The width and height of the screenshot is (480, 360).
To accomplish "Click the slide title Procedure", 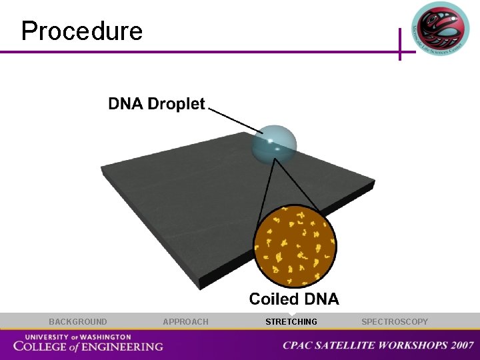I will coord(81,31).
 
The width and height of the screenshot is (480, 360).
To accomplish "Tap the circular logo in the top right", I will coord(440,28).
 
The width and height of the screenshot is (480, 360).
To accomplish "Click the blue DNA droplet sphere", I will coord(274,143).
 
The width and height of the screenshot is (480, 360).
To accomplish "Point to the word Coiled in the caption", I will coord(275,299).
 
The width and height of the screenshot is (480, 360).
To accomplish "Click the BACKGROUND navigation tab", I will coord(77,322).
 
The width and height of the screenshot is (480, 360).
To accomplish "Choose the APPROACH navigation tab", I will coord(185,322).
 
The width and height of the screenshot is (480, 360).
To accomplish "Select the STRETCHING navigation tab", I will coord(291,322).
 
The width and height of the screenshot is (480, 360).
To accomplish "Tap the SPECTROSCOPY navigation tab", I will coord(395,322).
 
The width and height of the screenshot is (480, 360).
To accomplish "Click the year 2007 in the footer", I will coord(461,345).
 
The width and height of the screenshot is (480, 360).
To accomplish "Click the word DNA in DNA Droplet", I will coord(126,104).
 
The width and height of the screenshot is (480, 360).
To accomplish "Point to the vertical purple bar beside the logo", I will coord(400,44).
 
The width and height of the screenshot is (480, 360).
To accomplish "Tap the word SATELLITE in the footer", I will coord(347,345).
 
